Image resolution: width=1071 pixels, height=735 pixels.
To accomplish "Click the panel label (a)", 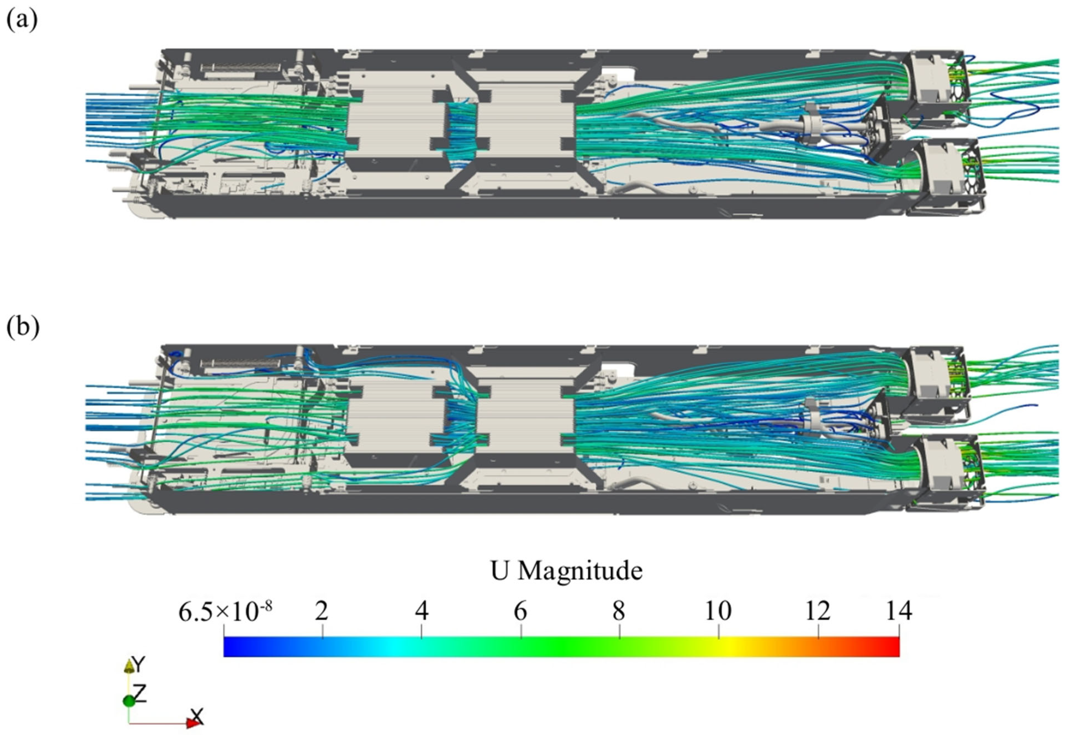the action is [22, 21].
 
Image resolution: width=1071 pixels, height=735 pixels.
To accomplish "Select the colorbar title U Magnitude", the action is [566, 571].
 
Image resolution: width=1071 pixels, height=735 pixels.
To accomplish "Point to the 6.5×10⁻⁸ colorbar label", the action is [225, 611].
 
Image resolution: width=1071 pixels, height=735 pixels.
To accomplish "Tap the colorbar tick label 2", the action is [322, 611].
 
